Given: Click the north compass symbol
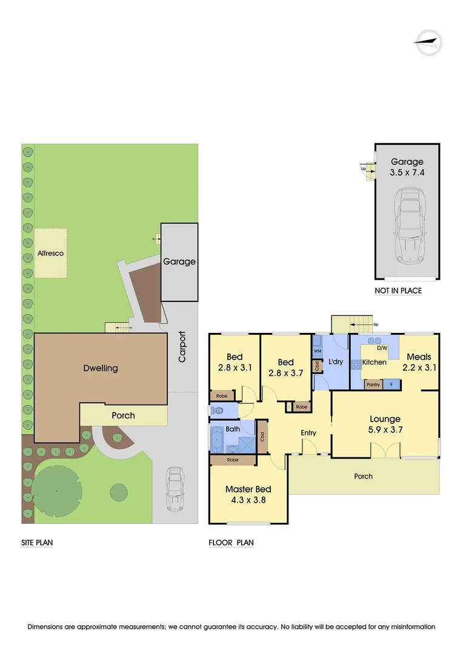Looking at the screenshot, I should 428,43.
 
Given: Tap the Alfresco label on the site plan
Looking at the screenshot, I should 50,253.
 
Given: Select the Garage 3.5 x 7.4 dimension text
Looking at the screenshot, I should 407,167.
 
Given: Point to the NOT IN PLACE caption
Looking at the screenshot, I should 398,291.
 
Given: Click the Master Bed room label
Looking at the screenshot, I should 248,494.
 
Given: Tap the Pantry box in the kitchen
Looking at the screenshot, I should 372,385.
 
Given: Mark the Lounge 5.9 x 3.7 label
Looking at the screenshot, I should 385,424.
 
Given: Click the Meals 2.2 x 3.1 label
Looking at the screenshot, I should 419,361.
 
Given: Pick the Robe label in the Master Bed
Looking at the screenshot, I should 233,460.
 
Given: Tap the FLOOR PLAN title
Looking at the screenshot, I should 231,543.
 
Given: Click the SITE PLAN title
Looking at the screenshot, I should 37,543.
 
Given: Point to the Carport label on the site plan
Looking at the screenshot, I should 182,348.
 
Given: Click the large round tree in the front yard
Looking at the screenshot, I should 56,490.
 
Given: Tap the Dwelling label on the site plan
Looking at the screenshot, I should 101,368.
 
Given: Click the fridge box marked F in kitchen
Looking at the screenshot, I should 391,385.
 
